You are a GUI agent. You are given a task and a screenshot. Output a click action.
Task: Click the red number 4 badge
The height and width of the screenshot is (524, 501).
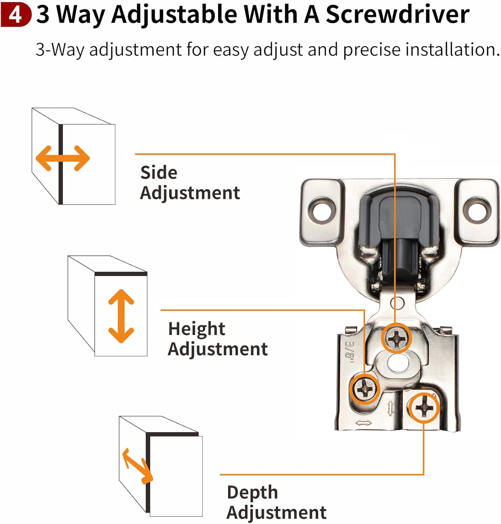click(16, 15)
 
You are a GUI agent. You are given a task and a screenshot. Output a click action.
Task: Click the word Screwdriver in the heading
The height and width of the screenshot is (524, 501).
click(397, 15)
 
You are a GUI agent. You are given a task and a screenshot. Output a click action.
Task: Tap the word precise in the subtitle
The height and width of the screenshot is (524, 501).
click(371, 50)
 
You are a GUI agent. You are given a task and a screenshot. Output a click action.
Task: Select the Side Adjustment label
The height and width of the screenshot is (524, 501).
click(190, 182)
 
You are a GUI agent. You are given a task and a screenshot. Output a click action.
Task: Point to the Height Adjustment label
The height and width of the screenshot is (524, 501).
click(217, 339)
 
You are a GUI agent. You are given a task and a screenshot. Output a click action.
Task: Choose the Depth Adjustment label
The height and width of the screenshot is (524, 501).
click(276, 502)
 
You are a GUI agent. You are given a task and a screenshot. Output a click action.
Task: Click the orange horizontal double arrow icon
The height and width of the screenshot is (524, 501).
click(63, 158)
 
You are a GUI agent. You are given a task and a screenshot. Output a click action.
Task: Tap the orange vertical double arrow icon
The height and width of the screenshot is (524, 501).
click(121, 316)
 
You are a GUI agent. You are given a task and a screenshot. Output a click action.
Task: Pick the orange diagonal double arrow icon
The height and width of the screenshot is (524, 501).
click(137, 466)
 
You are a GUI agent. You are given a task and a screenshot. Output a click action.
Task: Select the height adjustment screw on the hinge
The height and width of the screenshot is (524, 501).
click(365, 388)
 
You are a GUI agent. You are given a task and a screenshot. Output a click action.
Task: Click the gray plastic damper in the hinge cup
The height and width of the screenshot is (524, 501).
click(399, 224)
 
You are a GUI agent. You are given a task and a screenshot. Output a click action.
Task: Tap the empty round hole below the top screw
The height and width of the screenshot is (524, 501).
click(397, 363)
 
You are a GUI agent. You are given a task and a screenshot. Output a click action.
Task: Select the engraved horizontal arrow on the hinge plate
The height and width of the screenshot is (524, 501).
click(363, 423)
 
